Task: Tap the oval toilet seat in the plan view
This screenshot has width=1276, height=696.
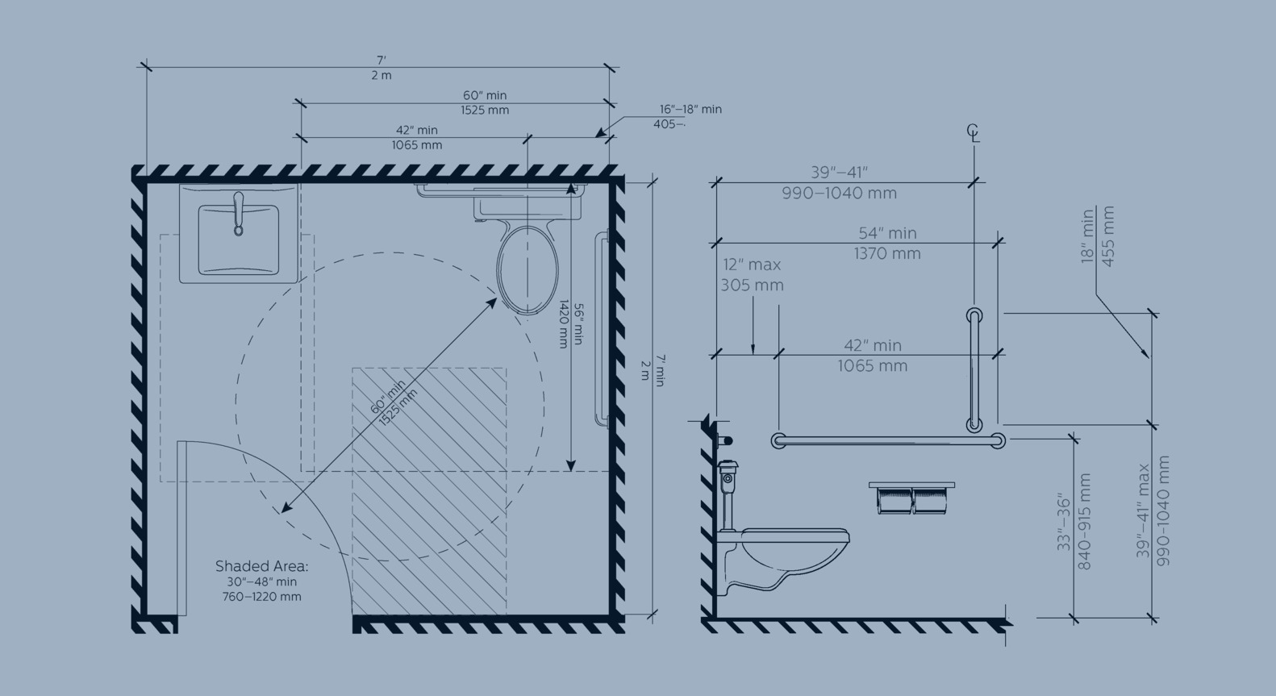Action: (x=527, y=269)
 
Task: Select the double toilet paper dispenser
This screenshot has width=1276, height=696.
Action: (x=911, y=498)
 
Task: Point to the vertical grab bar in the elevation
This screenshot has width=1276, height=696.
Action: (x=974, y=370)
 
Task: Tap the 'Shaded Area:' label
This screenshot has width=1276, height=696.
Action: (x=261, y=566)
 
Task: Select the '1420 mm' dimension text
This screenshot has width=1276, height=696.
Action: (x=564, y=324)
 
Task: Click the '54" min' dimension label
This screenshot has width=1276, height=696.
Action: (x=887, y=233)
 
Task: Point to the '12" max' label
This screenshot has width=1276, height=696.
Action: (x=752, y=265)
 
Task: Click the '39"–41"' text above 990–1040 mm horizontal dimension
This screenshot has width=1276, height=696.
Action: (x=839, y=172)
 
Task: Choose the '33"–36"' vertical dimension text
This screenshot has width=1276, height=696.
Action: (x=1064, y=522)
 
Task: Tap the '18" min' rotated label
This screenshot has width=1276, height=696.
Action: (x=1088, y=236)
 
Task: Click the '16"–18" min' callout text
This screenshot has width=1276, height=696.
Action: (x=690, y=110)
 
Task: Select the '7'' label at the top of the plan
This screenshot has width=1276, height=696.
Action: (x=381, y=60)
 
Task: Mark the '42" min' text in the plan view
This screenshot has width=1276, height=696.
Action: (x=417, y=131)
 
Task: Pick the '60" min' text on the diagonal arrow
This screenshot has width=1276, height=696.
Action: (x=388, y=397)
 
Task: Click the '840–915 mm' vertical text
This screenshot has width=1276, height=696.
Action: (x=1085, y=522)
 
